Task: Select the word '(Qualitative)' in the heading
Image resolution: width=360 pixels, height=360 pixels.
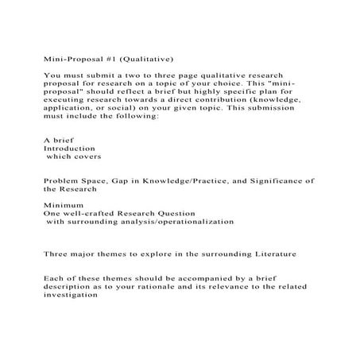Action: pos(147,58)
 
